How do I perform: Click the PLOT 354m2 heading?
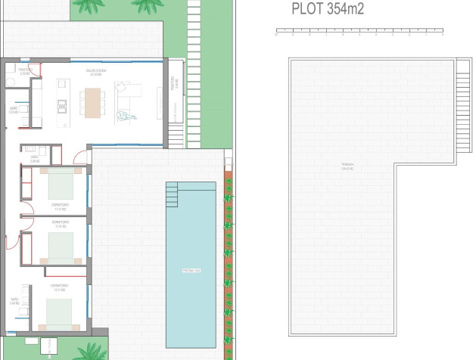tap(327, 9)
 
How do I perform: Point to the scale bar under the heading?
tap(359, 33)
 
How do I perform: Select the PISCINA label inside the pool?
tap(190, 270)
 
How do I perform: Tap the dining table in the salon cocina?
tap(92, 102)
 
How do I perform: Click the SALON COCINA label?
tap(95, 73)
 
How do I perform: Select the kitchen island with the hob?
tap(61, 104)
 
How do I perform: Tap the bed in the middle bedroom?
tap(60, 247)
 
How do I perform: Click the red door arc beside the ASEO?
tap(79, 157)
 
